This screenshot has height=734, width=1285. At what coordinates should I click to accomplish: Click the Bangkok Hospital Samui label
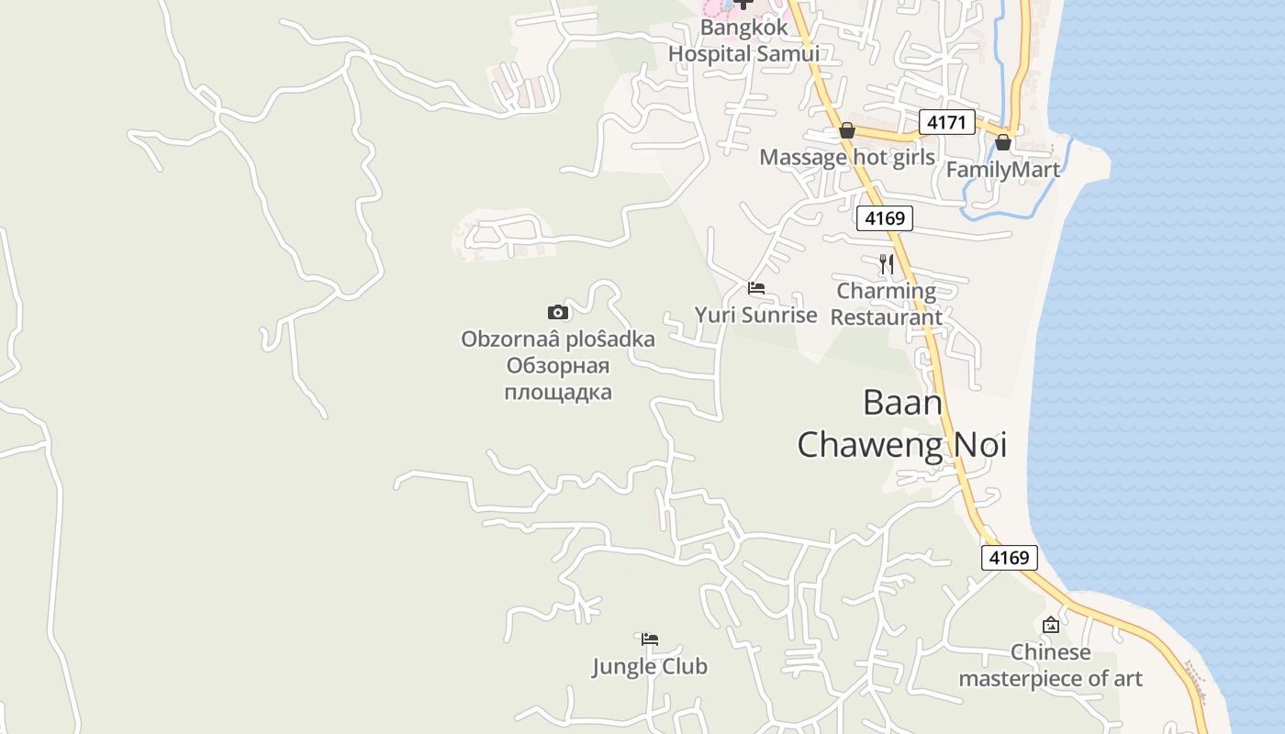(743, 40)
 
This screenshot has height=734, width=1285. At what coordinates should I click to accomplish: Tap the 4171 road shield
(946, 122)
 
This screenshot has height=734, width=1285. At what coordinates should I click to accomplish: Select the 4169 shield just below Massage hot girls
(885, 218)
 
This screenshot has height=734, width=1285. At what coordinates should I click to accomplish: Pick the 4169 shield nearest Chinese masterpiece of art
(1010, 558)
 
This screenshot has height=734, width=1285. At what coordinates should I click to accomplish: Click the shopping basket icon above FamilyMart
(1003, 142)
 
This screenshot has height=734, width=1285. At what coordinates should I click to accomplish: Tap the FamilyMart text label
(1002, 170)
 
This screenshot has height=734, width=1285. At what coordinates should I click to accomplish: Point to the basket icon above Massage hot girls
(847, 131)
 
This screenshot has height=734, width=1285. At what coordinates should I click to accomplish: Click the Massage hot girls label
(847, 158)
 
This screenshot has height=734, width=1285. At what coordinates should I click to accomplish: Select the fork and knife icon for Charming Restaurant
(886, 264)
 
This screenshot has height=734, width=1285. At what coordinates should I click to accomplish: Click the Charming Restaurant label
(887, 305)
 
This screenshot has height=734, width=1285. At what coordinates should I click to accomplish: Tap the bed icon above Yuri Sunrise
(756, 288)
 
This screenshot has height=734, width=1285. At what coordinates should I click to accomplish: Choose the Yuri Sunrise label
(755, 316)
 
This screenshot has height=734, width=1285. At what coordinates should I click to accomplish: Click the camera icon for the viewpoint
(558, 312)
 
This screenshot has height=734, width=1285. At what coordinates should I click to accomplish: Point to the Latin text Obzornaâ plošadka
(558, 339)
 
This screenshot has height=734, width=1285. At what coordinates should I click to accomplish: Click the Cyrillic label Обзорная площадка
(558, 380)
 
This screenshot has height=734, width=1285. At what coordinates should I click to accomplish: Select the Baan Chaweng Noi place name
(902, 424)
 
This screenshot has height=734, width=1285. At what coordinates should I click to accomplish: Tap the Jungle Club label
(650, 667)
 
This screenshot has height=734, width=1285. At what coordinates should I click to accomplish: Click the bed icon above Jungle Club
(650, 639)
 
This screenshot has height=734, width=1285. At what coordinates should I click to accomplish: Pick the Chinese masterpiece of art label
(1051, 666)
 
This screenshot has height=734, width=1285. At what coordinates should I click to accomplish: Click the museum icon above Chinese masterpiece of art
(1051, 625)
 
